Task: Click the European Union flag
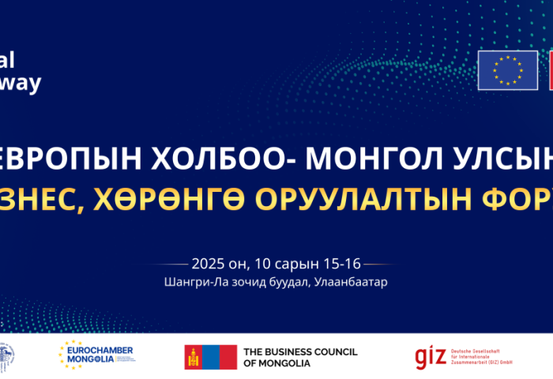507,70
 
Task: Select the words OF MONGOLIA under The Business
276,363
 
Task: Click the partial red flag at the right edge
547,70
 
